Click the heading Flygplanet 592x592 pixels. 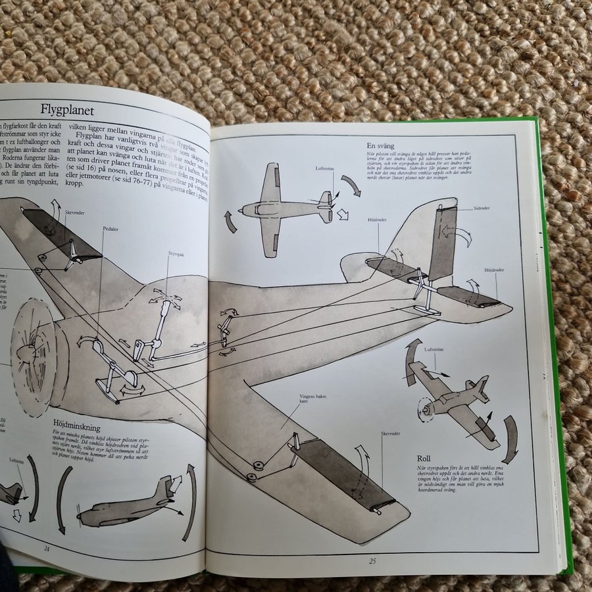pos(68,109)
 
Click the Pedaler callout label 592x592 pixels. pos(110,230)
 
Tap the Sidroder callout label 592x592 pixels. pos(482,208)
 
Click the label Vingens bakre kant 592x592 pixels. pos(312,399)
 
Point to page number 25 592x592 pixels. pos(372,560)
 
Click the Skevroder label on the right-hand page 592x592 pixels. pos(391,434)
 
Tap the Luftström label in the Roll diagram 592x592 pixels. pos(435,350)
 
